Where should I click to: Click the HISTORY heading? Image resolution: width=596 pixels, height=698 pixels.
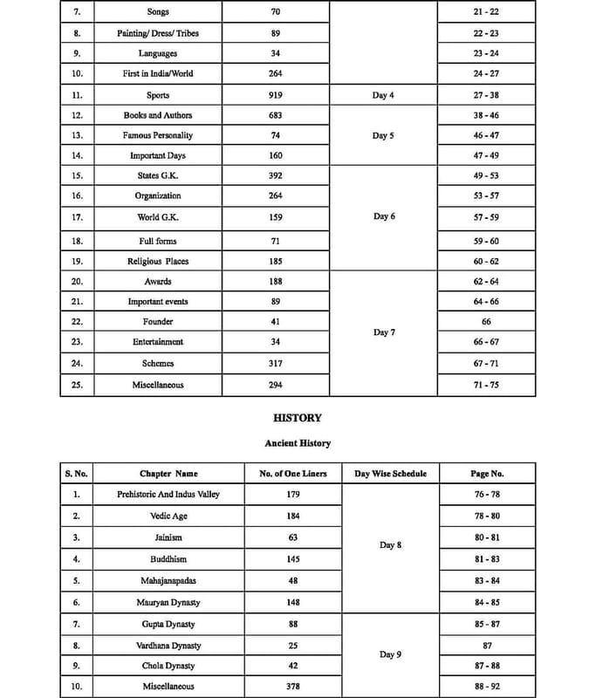click(298, 418)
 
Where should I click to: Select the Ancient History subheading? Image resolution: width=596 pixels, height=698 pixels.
click(298, 443)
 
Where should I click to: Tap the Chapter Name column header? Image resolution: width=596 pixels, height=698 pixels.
click(168, 474)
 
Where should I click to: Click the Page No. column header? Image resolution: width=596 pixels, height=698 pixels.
click(486, 474)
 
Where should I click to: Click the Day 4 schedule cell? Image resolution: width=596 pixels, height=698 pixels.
click(382, 95)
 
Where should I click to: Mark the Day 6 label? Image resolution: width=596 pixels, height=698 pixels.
click(382, 216)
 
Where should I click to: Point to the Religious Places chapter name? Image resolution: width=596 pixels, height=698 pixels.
click(157, 261)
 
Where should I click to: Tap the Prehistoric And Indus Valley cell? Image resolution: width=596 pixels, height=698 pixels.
click(168, 494)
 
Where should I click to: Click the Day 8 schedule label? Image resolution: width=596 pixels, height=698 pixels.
click(390, 544)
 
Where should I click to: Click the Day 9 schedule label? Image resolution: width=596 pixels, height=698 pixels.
click(390, 654)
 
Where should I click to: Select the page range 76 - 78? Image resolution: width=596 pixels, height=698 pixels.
click(486, 494)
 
